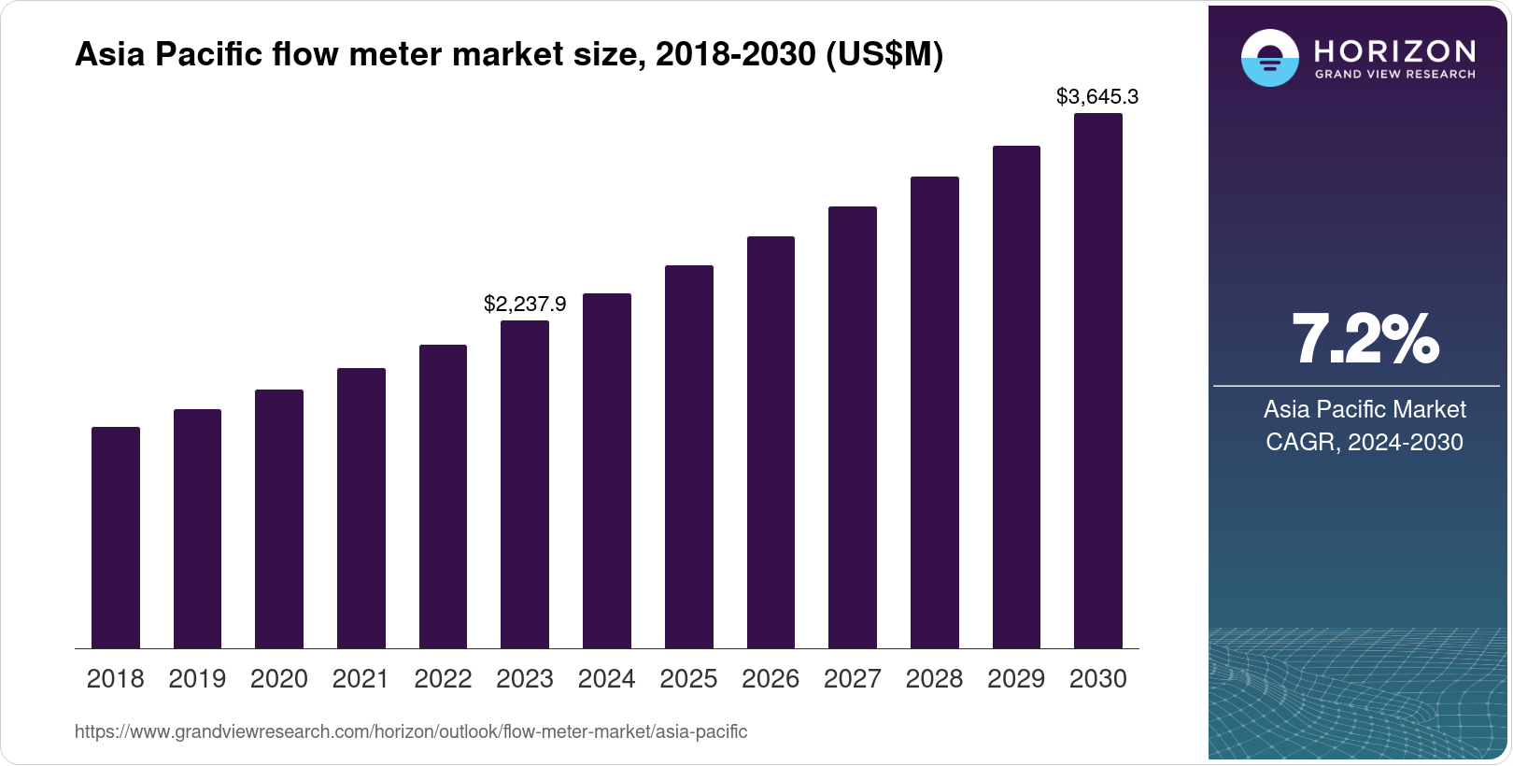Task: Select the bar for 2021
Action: pos(361,508)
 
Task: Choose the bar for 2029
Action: pos(1016,397)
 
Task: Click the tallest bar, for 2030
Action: pos(1098,381)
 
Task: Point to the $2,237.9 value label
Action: pos(525,304)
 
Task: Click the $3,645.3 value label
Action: pos(1097,96)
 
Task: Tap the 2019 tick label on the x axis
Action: pos(197,679)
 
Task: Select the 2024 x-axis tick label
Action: pos(606,679)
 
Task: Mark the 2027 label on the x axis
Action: pos(853,679)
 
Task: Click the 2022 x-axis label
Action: pos(443,679)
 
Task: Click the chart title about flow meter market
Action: pos(509,55)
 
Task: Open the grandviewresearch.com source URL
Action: pos(411,731)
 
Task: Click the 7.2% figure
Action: pos(1365,339)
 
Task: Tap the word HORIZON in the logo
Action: pos(1394,50)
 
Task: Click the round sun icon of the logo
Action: pos(1269,58)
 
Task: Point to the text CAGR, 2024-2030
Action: pos(1365,442)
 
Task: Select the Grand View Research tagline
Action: pos(1394,74)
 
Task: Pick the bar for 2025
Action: pos(688,457)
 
